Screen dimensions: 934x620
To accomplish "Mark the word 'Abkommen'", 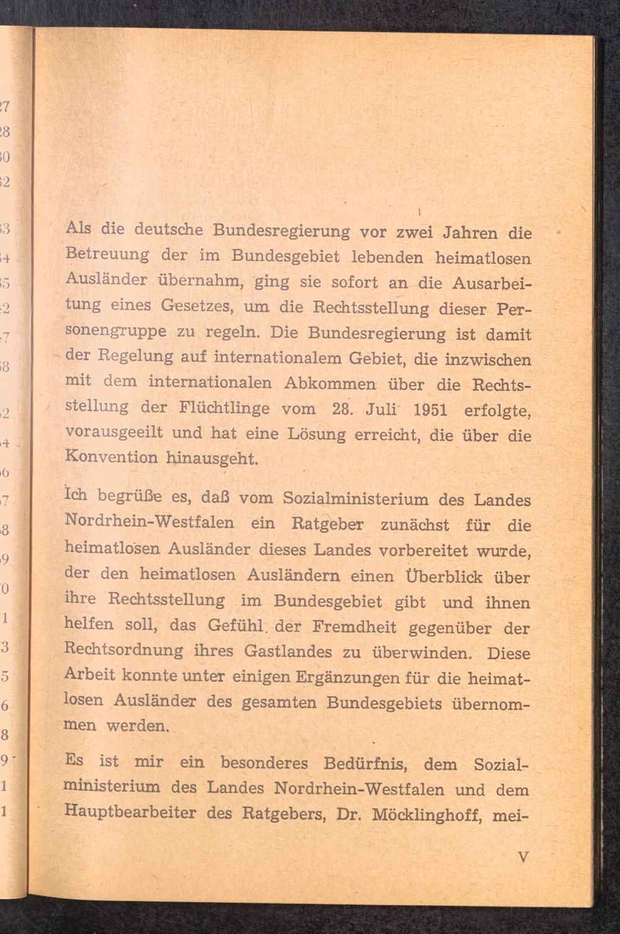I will pos(330,383).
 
